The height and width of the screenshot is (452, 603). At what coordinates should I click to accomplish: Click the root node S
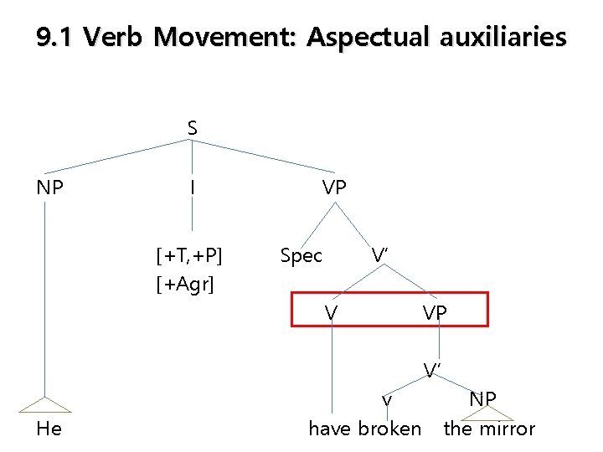click(x=193, y=128)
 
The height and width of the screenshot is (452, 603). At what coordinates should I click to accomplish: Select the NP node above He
click(x=50, y=187)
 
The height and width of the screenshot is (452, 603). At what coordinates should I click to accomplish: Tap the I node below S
click(x=193, y=187)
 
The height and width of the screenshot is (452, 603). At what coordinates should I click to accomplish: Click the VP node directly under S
click(x=334, y=187)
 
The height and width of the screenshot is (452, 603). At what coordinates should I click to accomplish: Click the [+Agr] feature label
click(x=185, y=285)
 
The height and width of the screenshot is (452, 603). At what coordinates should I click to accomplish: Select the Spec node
click(x=301, y=255)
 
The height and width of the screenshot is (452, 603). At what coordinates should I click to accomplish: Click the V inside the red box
click(x=332, y=312)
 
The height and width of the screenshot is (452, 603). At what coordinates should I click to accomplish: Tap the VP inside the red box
click(x=435, y=312)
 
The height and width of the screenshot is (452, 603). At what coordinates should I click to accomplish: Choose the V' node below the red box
click(x=432, y=369)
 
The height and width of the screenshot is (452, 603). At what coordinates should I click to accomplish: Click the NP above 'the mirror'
click(x=482, y=398)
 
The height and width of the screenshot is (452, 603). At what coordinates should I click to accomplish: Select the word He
click(x=50, y=429)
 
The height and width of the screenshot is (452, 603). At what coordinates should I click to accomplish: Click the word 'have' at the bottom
click(x=330, y=429)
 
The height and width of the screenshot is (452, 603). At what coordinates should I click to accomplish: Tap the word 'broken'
click(x=389, y=429)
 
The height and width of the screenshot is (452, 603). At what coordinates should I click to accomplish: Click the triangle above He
click(x=46, y=403)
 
